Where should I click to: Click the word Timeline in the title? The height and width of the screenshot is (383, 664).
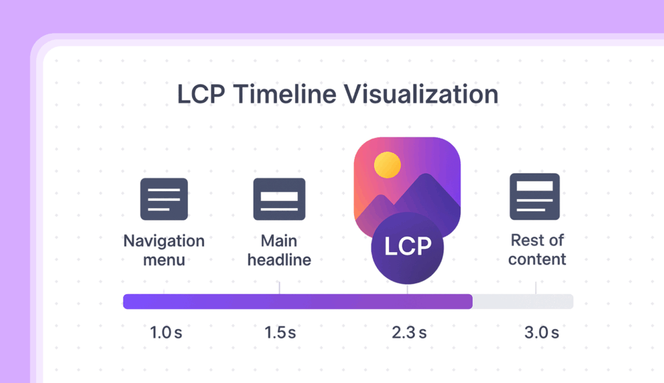285,94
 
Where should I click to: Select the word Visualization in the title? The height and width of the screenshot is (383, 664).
421,94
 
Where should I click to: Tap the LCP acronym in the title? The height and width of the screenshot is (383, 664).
201,94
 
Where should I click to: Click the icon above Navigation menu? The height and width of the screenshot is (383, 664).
164,199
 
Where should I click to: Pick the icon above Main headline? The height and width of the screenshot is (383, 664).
279,199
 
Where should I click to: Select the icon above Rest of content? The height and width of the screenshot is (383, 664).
534,196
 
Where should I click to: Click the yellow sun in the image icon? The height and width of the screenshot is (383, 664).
387,165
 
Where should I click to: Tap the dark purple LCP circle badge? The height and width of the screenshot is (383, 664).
407,248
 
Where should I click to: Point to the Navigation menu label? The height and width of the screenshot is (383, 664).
164,250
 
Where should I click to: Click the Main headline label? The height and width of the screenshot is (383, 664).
279,250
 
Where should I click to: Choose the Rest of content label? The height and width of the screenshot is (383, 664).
537,250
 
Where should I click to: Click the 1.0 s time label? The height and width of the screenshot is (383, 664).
166,332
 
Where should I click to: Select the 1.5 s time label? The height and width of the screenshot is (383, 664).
280,332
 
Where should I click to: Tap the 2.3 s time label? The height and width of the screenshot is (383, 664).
409,332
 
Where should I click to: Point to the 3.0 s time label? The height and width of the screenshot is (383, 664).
541,332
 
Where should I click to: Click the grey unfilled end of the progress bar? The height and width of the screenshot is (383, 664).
523,302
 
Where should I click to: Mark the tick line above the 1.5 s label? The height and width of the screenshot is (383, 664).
279,288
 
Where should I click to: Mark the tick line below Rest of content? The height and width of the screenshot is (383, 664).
536,288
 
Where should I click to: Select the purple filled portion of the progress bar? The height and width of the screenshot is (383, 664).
298,302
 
